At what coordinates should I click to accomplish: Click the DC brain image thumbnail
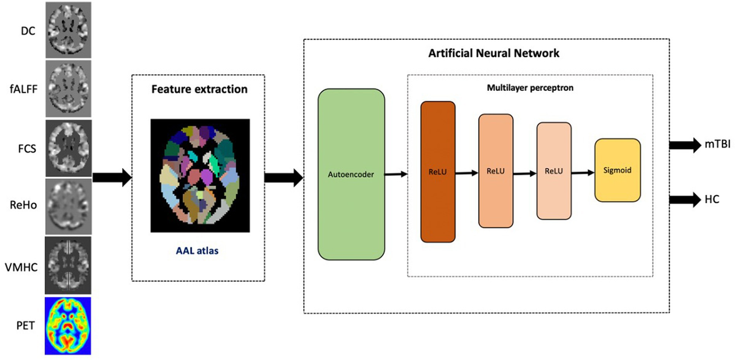pos(67,29)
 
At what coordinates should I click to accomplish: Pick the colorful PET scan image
pos(67,325)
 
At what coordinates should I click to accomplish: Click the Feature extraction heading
pos(199,90)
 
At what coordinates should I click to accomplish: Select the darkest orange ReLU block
pos(438,172)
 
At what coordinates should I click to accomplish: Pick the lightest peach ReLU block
pos(554,171)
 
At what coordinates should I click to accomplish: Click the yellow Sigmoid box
pos(618,170)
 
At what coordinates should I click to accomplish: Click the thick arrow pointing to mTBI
pos(684,145)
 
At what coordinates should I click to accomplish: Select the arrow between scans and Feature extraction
pos(112,177)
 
